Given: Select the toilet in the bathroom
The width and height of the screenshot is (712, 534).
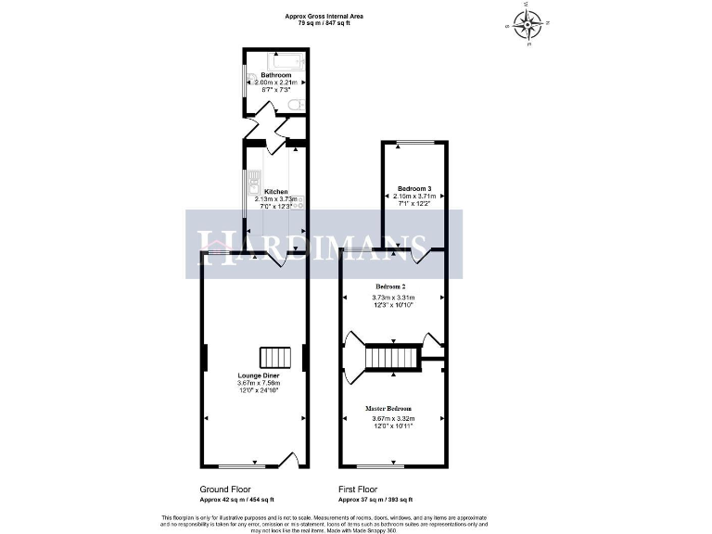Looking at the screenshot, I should tap(296, 108).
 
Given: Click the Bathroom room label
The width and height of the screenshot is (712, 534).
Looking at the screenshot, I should tap(275, 75).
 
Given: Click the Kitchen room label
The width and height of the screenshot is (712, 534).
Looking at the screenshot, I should tap(275, 191).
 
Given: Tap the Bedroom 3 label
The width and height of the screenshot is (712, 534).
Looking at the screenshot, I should tap(414, 188).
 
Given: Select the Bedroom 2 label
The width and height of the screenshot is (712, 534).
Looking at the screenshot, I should tap(390, 286).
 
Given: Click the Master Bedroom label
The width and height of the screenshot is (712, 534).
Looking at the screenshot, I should tap(388, 408).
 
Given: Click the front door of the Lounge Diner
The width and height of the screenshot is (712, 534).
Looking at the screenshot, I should tap(287, 460).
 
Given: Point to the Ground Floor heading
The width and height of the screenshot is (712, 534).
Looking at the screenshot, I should tap(224, 489).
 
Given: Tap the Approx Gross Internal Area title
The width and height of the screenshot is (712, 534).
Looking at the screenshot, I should tap(324, 15).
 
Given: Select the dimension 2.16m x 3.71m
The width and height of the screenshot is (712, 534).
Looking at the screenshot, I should tap(414, 197).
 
